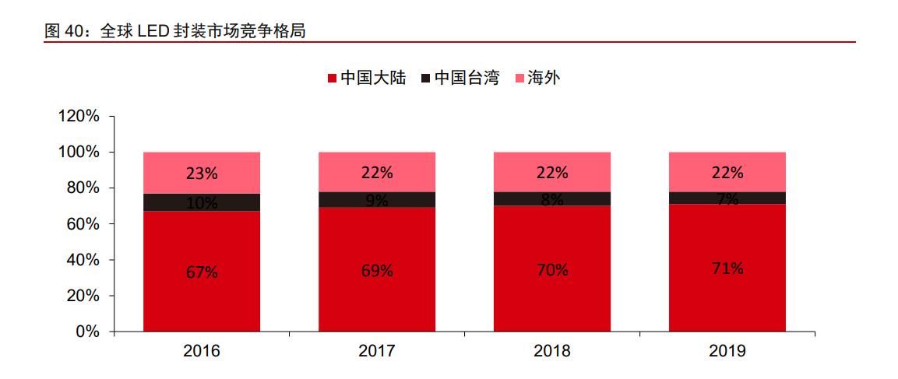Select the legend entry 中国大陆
pos(366,78)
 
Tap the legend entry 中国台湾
pos(459,78)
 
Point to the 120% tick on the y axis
pos(79,117)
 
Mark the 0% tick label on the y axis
pos(87,332)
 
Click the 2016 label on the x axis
pos(202,351)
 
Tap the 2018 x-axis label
pos(552,351)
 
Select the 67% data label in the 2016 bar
pos(202,272)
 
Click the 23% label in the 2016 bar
pos(202,174)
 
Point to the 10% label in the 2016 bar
pos(202,203)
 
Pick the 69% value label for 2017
pos(377,271)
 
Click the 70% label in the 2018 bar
pos(552,270)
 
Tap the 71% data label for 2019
pos(727,268)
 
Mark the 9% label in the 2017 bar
pos(377,201)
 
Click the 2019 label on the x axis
pos(727,351)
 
